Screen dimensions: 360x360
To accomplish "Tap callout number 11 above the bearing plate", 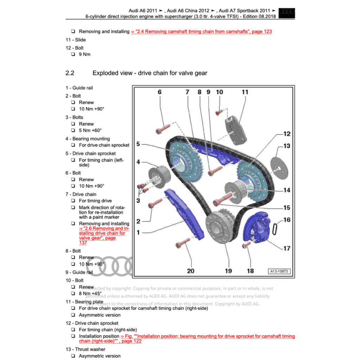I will click(x=245, y=92).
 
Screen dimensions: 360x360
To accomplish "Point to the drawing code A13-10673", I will click(x=279, y=271).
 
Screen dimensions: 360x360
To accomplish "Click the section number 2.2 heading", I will click(x=70, y=73).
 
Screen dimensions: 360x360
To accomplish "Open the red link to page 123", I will click(x=201, y=32).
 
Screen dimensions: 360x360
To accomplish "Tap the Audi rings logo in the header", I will click(x=287, y=13).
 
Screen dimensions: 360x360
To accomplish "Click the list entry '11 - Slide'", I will click(x=76, y=40).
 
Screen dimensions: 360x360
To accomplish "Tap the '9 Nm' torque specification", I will click(x=84, y=54).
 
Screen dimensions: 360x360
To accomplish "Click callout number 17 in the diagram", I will click(x=287, y=248).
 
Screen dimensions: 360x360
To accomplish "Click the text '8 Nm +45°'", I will click(x=90, y=294).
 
